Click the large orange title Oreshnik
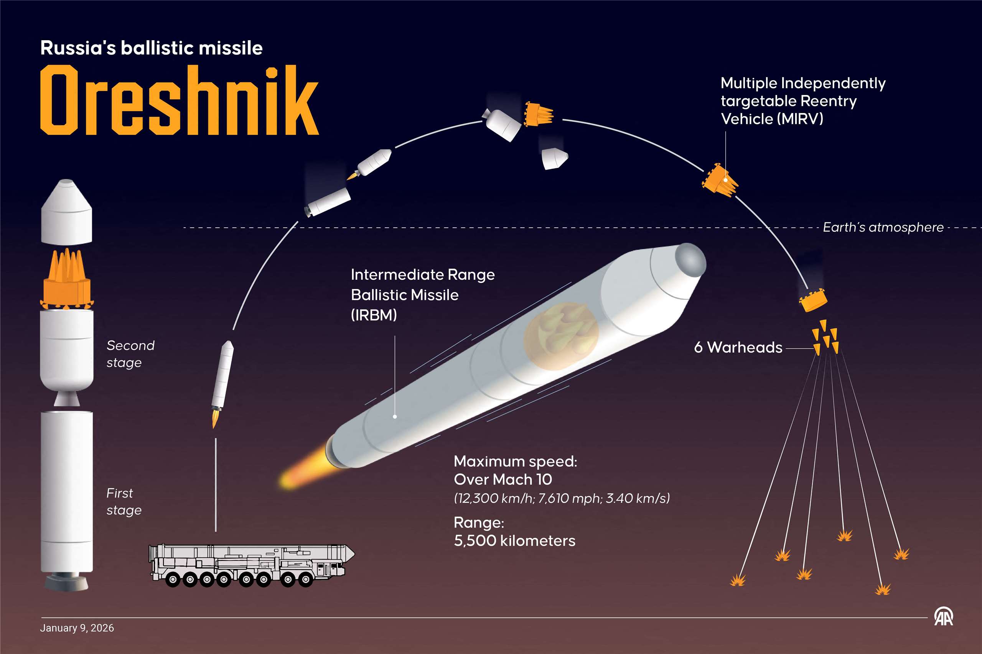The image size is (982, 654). pos(180,100)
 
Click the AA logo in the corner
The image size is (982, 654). pos(943,617)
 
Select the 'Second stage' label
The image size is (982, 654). pos(130,354)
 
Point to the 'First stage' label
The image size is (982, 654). pos(124,501)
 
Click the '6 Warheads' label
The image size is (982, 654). pos(738,347)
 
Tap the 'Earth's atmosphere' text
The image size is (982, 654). pos(883,227)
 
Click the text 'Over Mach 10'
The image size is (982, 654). pos(503,479)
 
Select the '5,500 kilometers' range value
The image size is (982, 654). pos(514,541)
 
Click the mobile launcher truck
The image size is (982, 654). pos(252,565)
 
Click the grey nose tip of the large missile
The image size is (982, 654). pos(690,259)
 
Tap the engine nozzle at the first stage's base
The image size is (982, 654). pos(66,582)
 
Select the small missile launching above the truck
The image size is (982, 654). pos(222,383)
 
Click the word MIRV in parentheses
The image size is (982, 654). pos(800,119)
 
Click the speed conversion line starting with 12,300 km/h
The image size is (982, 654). pos(562,498)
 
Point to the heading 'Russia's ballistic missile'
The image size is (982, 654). pos(152,48)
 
